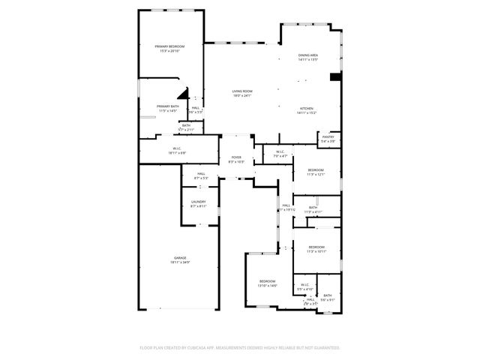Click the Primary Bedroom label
click(169, 46)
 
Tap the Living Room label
click(241, 91)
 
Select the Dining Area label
click(308, 55)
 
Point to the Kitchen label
click(307, 108)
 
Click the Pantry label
click(328, 136)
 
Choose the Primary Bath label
click(168, 106)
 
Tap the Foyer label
click(235, 157)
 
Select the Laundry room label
click(198, 201)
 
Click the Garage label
click(179, 257)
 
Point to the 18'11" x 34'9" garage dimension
click(179, 262)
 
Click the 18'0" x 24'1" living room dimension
click(241, 96)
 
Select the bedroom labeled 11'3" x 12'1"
click(316, 170)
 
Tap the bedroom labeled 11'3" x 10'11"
click(316, 247)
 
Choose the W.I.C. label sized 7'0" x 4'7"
click(278, 152)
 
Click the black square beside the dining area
click(335, 76)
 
